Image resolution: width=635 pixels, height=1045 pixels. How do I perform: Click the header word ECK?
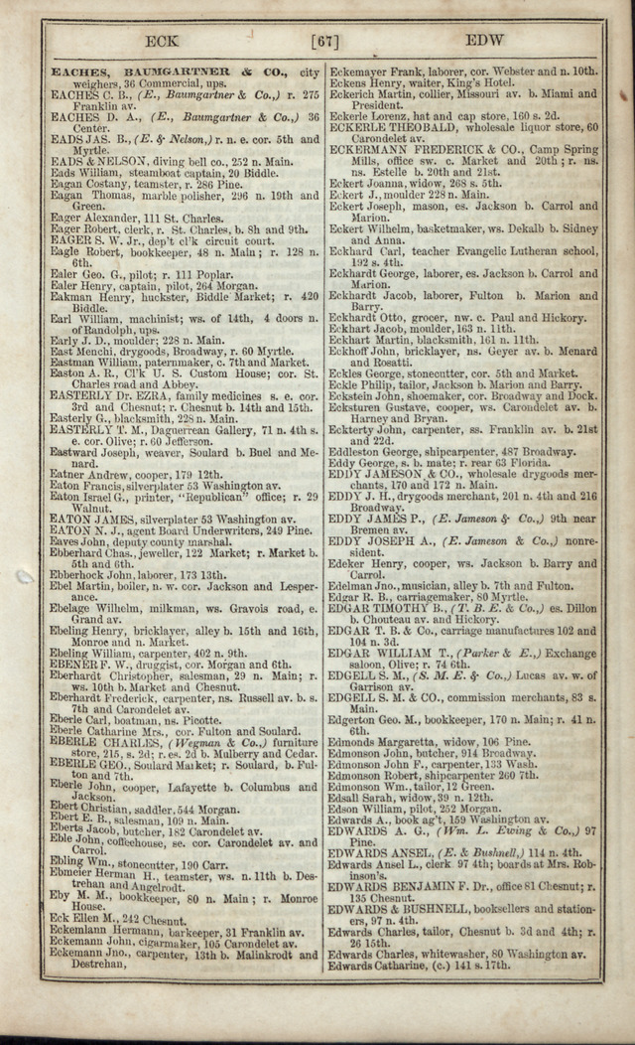(x=162, y=41)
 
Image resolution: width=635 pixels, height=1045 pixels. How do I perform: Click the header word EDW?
(x=484, y=41)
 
